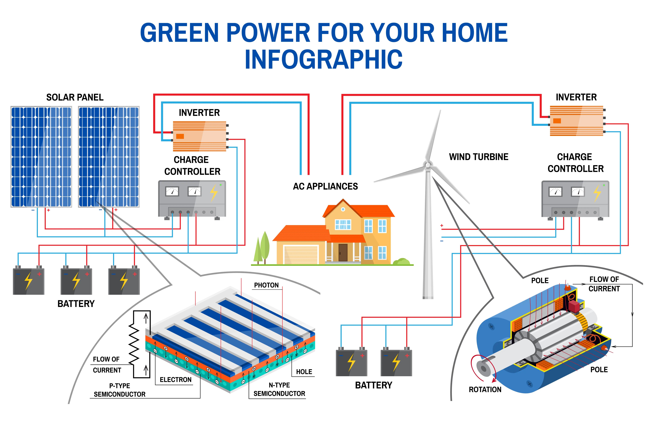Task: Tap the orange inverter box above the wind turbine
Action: [576, 121]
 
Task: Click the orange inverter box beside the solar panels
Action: [199, 136]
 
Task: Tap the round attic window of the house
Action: [343, 209]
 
